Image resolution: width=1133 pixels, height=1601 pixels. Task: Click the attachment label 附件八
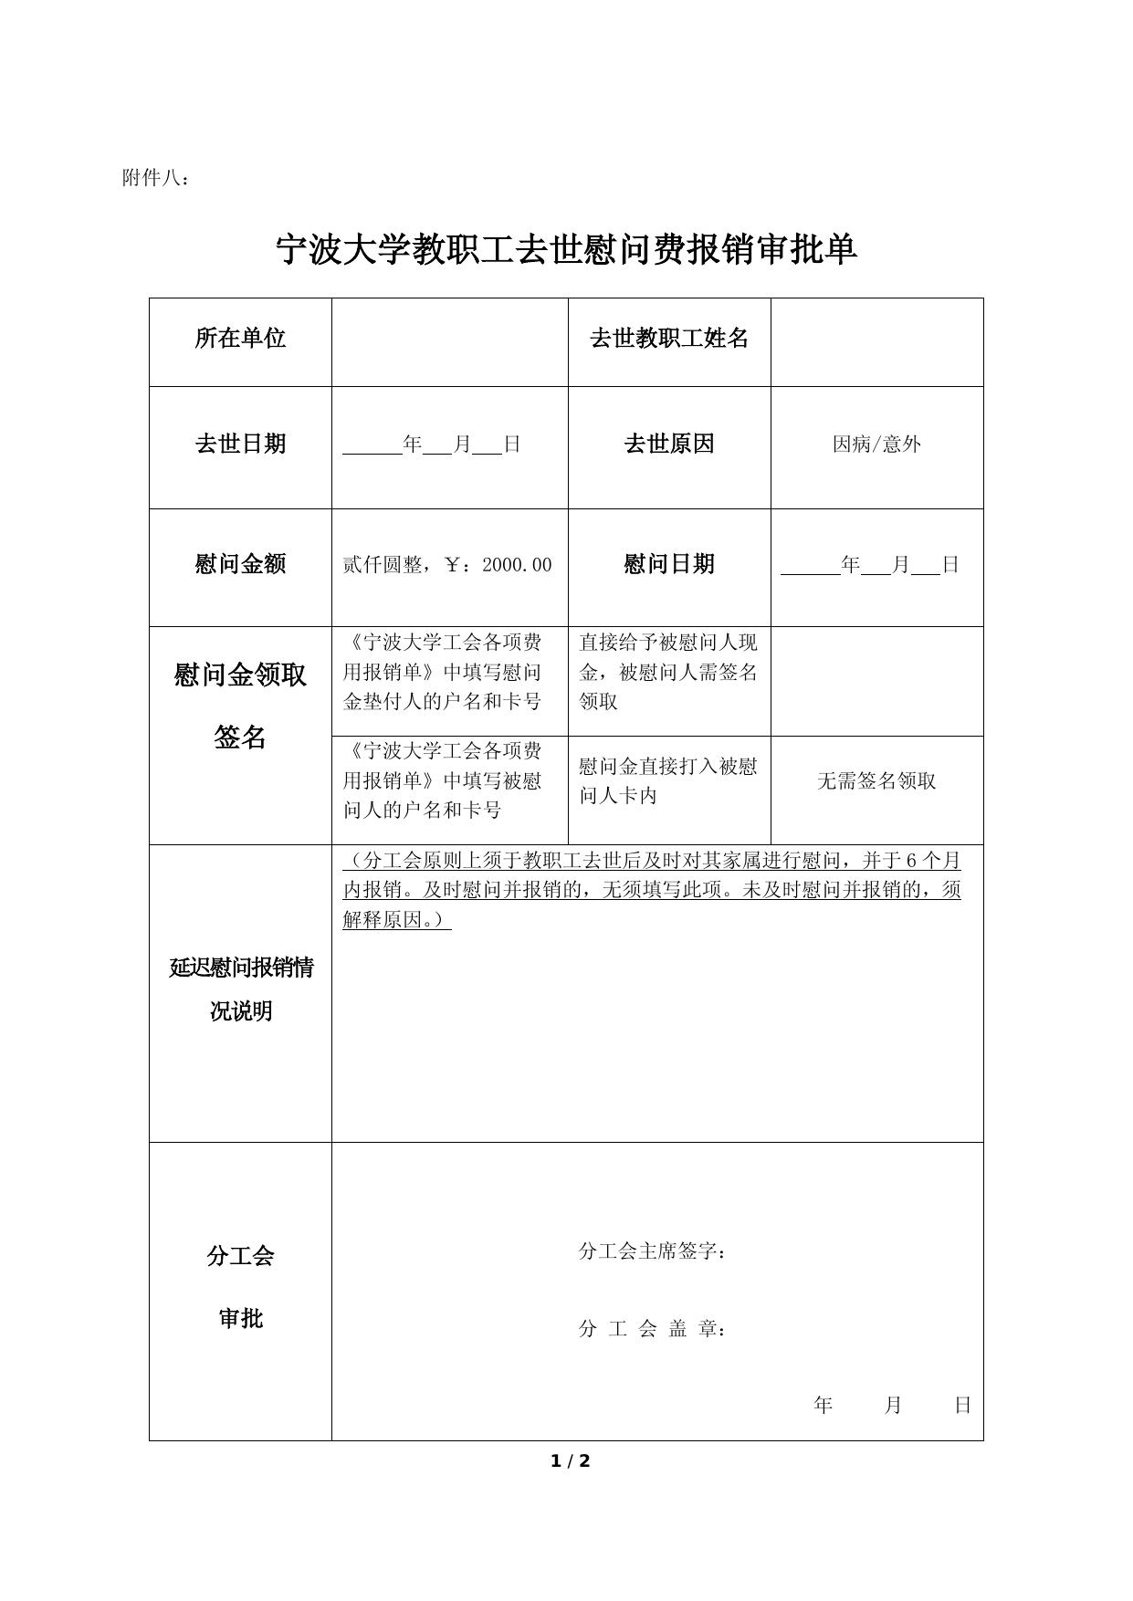coord(155,179)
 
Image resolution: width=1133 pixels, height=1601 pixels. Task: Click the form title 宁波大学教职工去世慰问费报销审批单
coord(566,249)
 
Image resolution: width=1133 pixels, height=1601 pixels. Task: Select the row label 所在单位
coord(240,339)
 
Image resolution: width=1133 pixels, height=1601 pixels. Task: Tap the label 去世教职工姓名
coord(668,339)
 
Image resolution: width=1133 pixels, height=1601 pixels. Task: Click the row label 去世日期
coord(240,445)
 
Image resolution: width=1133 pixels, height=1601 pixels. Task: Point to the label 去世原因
coord(668,445)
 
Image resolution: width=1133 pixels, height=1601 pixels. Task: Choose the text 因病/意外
coord(876,445)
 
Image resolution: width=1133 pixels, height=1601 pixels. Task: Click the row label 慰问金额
coord(240,564)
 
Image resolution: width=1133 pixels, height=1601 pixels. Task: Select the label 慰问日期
coord(668,564)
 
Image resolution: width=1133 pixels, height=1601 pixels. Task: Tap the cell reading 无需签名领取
coord(876,781)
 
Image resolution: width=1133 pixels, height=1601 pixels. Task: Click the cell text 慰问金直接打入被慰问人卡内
coord(668,780)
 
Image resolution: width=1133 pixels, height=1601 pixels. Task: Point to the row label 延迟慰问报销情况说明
coord(240,989)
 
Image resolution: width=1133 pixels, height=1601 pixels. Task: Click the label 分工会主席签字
coord(652,1251)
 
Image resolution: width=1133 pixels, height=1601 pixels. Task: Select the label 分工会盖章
coord(652,1329)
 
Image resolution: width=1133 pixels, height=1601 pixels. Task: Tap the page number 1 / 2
coord(571,1461)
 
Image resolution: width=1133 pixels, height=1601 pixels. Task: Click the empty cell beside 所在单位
coord(449,342)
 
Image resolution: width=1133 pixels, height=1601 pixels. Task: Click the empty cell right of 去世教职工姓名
coord(876,342)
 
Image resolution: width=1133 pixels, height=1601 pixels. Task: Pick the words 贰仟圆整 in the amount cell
coord(382,565)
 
